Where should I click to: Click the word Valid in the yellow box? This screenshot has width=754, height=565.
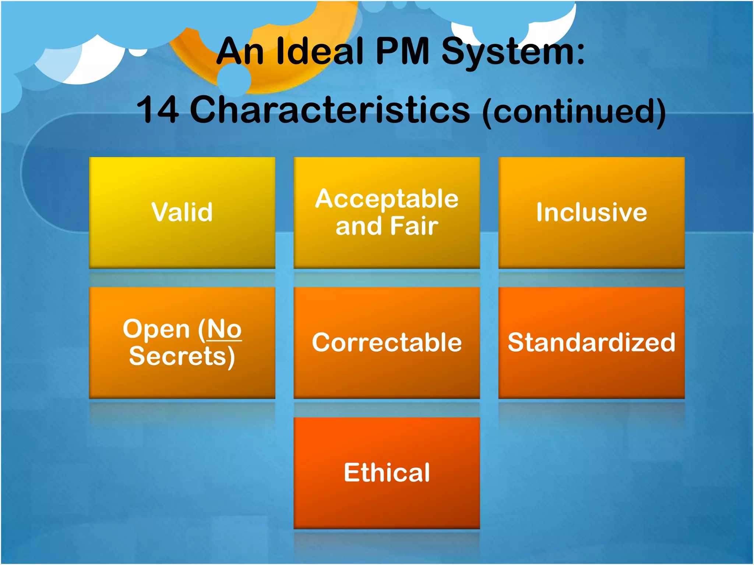[182, 212]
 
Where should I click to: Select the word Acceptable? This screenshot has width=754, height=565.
[387, 199]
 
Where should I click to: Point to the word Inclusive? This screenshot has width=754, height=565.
[591, 212]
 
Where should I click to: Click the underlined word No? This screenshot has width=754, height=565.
[224, 329]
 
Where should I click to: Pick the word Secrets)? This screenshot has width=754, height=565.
[182, 356]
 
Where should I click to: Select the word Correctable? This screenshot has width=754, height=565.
[387, 342]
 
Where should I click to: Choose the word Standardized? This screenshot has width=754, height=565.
[591, 342]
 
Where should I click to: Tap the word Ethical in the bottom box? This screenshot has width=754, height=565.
[387, 473]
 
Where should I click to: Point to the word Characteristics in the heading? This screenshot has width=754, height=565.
[330, 110]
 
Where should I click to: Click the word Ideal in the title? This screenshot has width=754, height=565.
[320, 51]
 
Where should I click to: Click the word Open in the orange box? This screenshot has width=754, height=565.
[156, 329]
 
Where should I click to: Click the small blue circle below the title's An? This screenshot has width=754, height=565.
[234, 80]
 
